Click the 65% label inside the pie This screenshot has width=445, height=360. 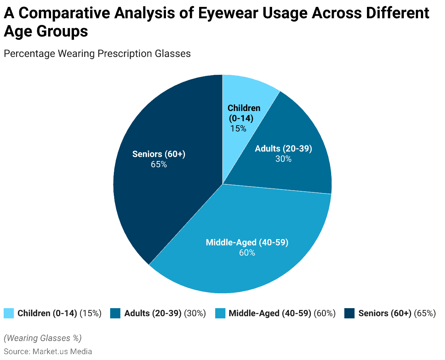pyautogui.click(x=159, y=164)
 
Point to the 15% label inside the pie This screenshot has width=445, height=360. pyautogui.click(x=238, y=129)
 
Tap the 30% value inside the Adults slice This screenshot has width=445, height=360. pyautogui.click(x=283, y=159)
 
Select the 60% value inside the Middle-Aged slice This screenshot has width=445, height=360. pyautogui.click(x=247, y=253)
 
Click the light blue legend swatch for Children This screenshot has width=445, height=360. pyautogui.click(x=9, y=313)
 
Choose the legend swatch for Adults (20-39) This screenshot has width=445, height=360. pyautogui.click(x=115, y=313)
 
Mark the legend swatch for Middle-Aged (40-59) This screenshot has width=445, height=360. pyautogui.click(x=220, y=313)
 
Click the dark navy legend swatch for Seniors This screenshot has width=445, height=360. pyautogui.click(x=349, y=313)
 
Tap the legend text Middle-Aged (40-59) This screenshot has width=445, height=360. pyautogui.click(x=270, y=313)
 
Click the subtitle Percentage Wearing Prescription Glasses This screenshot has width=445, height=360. pyautogui.click(x=97, y=54)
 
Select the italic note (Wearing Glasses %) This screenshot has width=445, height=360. pyautogui.click(x=43, y=338)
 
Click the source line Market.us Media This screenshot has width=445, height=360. pyautogui.click(x=48, y=352)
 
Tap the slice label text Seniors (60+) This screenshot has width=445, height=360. pyautogui.click(x=159, y=154)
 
